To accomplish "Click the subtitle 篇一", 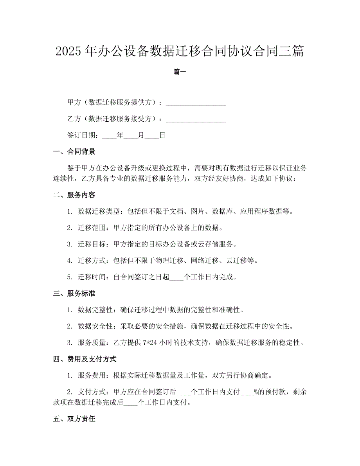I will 180,72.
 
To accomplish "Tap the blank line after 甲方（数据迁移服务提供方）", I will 196,103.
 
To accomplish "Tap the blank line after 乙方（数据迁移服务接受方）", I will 196,119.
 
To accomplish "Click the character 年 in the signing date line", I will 120,136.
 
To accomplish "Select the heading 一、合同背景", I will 74,152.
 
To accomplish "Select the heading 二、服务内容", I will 74,195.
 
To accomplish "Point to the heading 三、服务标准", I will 74,293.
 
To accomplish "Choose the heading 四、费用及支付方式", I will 85,359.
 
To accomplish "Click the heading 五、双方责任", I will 74,419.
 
